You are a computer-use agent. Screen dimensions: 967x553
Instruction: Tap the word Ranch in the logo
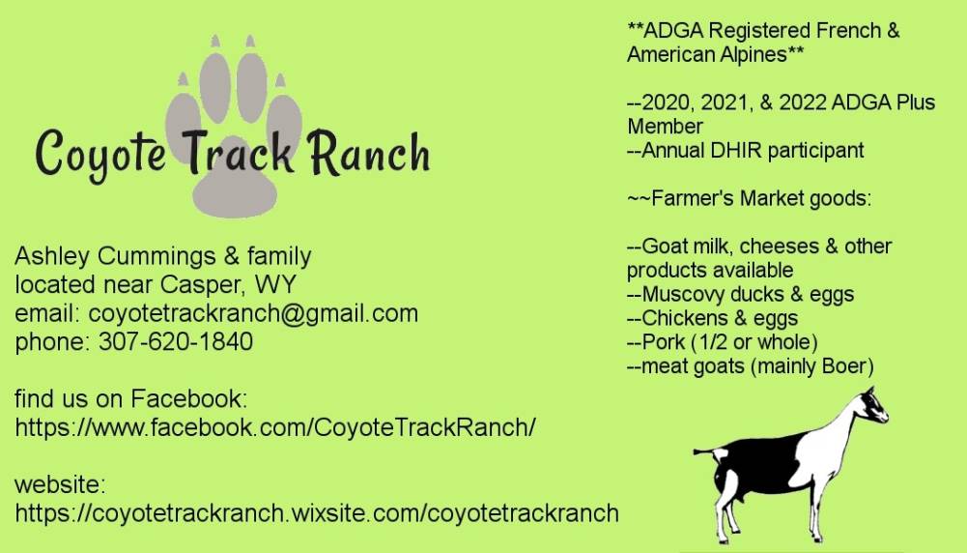[x=369, y=153]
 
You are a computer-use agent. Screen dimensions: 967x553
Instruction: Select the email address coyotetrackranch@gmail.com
[x=253, y=313]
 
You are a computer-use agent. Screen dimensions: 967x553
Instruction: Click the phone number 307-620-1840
[x=176, y=341]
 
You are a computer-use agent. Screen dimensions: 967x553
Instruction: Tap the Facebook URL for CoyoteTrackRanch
[x=275, y=427]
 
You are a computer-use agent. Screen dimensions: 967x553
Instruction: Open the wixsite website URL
[x=316, y=513]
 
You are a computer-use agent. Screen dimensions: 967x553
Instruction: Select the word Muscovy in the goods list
[x=682, y=295]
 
